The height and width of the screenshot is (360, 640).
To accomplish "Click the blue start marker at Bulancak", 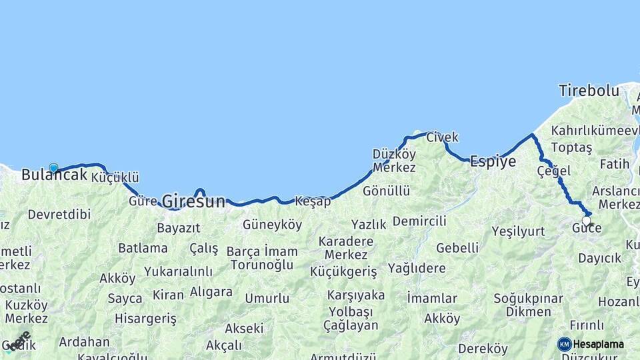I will (53, 168).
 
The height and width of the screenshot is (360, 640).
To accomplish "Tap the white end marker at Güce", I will (586, 221).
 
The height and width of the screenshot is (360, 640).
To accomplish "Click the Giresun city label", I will (193, 201).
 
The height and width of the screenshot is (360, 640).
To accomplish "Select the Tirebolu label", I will (589, 91).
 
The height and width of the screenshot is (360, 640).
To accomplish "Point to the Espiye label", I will (493, 161).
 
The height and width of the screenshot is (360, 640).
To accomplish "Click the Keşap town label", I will (313, 201).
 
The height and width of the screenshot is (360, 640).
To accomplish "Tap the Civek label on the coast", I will (442, 137).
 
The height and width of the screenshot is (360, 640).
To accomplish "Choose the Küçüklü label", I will (115, 177).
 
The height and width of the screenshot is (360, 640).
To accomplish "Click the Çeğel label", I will (553, 171).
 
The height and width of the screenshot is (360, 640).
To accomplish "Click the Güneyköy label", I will (272, 225).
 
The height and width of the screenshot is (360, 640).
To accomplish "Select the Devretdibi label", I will (59, 215).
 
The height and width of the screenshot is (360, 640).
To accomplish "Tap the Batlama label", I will (143, 248).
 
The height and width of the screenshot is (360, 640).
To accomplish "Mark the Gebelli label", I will (457, 248).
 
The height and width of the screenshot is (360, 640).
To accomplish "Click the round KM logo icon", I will (565, 344).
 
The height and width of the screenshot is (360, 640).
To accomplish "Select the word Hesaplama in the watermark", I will (599, 345).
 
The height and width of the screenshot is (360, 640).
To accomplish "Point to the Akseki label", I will (243, 328).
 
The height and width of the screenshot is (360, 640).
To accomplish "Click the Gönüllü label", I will (386, 191).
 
